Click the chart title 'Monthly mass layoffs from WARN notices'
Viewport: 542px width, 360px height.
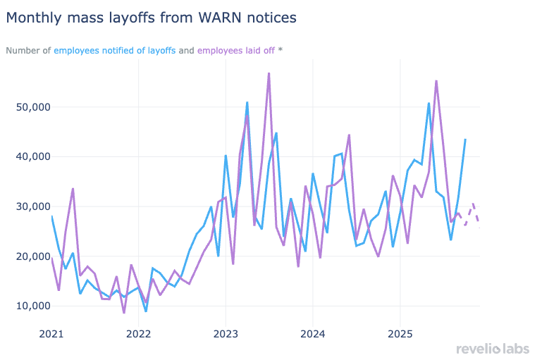(151, 16)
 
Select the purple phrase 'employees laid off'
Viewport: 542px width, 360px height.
(237, 51)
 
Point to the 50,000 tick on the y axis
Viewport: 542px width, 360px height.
(33, 107)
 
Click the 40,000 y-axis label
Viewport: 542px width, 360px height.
(33, 156)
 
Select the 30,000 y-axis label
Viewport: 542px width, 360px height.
(33, 206)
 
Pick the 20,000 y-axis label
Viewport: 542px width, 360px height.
(33, 256)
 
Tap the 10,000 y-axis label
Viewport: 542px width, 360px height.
(33, 306)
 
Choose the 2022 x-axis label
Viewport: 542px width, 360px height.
(138, 333)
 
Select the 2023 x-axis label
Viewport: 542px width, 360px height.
(226, 333)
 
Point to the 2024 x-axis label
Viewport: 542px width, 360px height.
(313, 333)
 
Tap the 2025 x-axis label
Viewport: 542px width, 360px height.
(400, 333)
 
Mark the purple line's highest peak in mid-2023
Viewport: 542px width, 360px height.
(269, 73)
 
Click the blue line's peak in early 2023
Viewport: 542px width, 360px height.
(247, 102)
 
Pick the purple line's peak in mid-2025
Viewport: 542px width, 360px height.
(436, 81)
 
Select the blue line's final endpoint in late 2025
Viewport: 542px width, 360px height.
(465, 139)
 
